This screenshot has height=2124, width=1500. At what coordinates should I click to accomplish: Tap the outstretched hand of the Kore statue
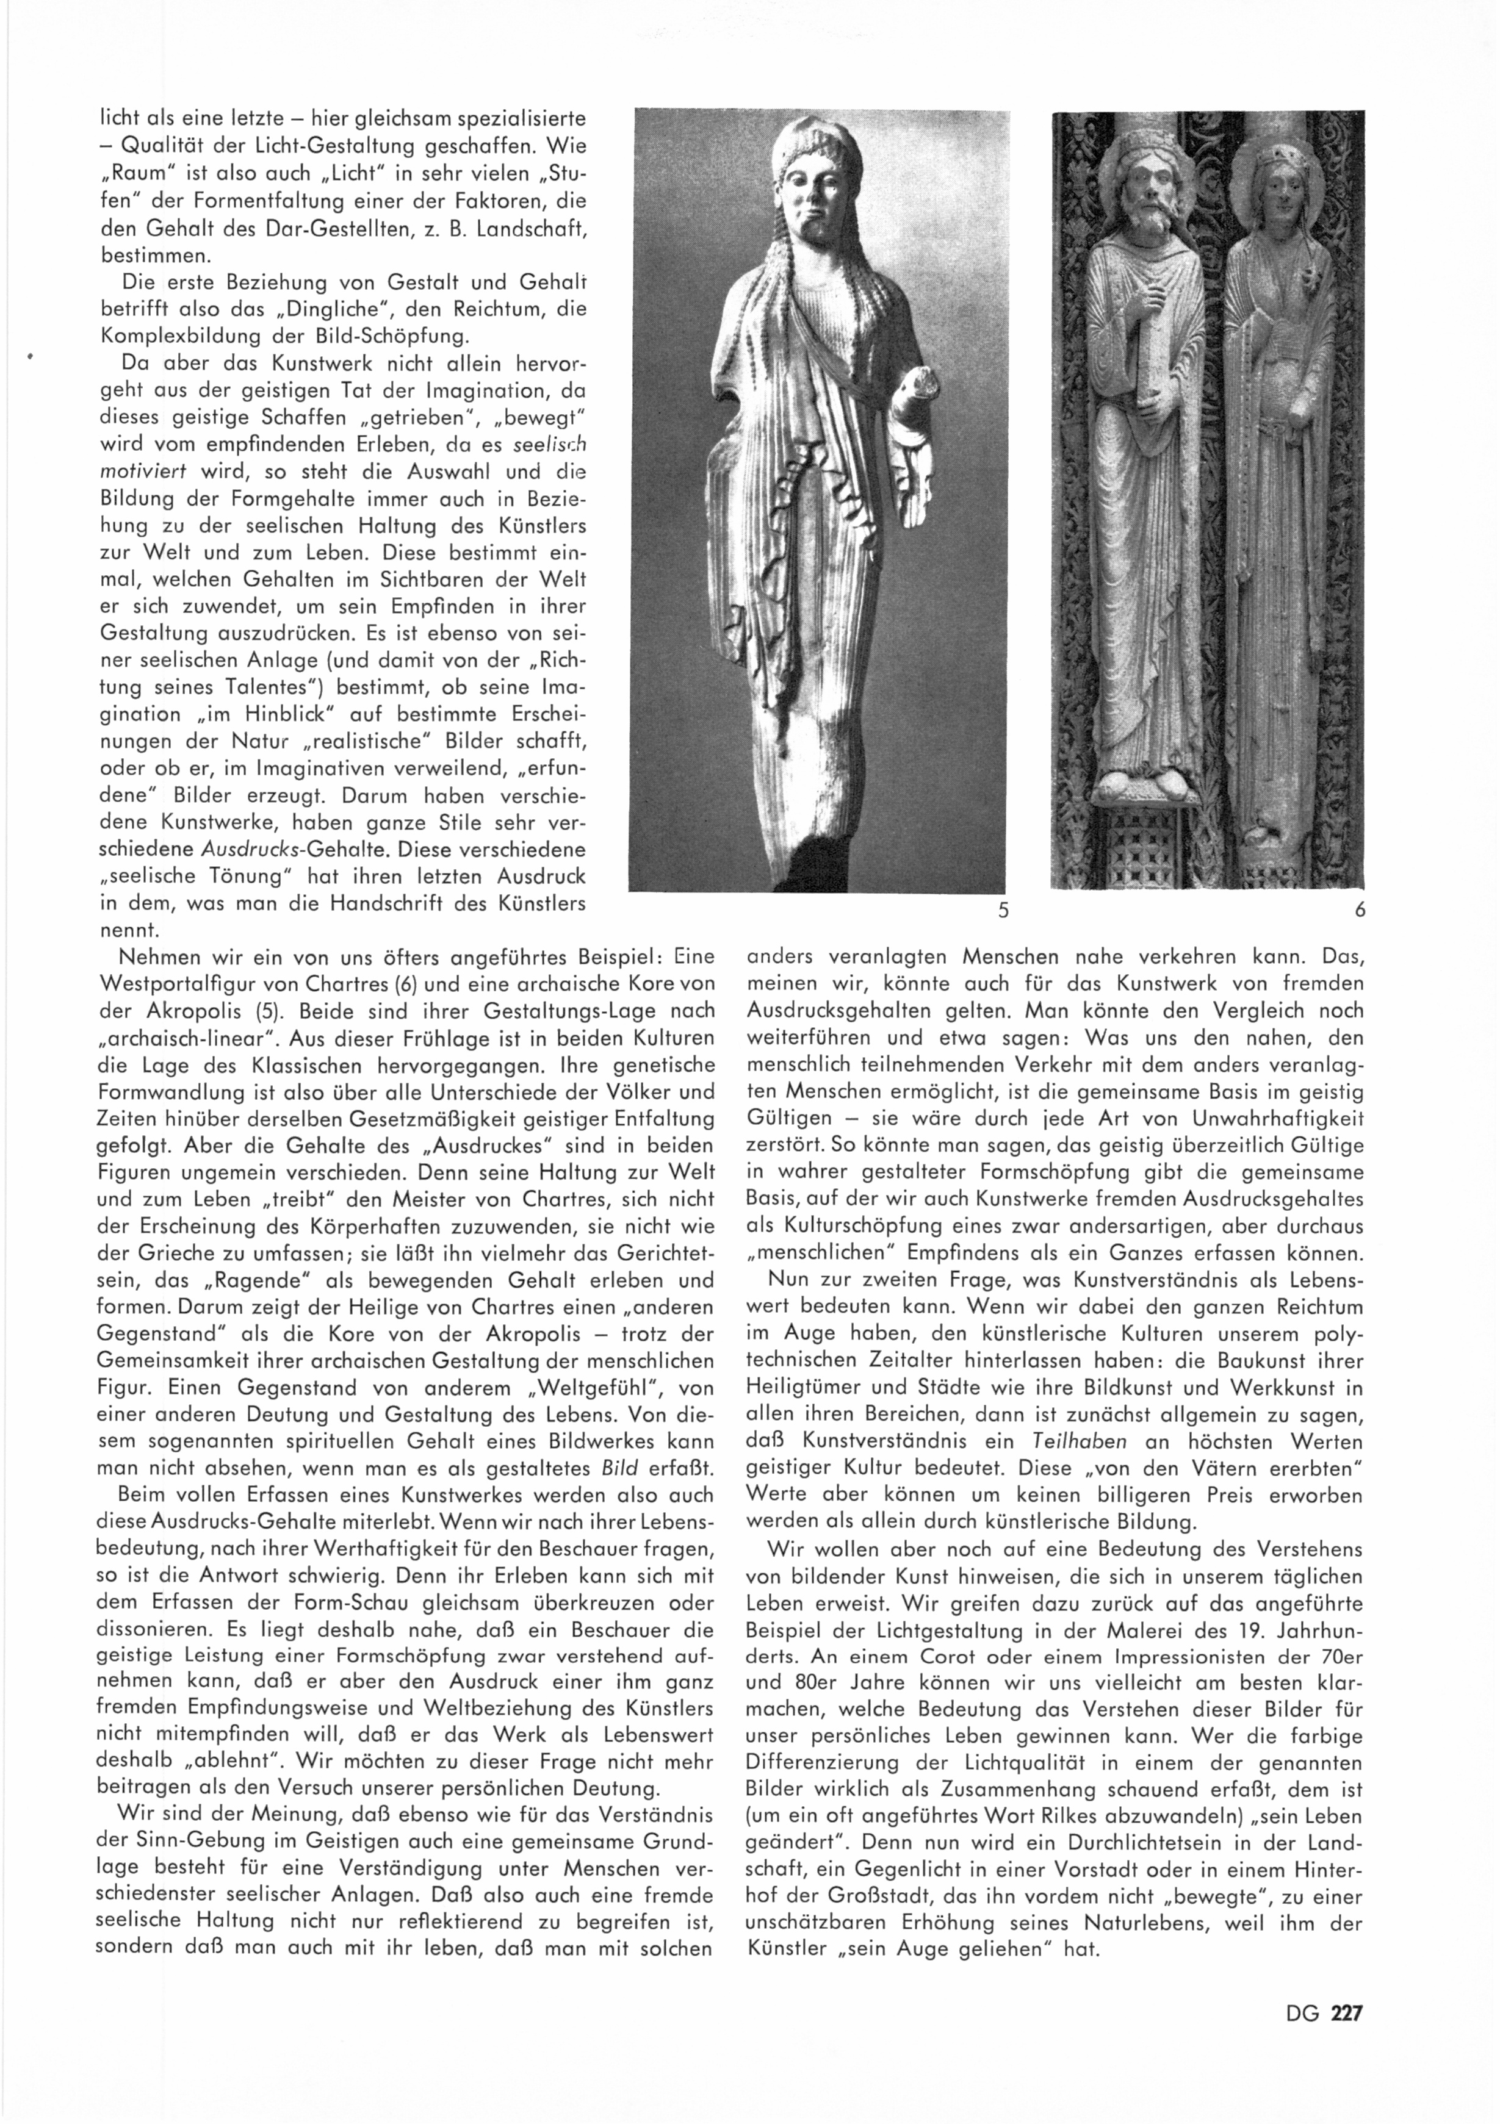(912, 481)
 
